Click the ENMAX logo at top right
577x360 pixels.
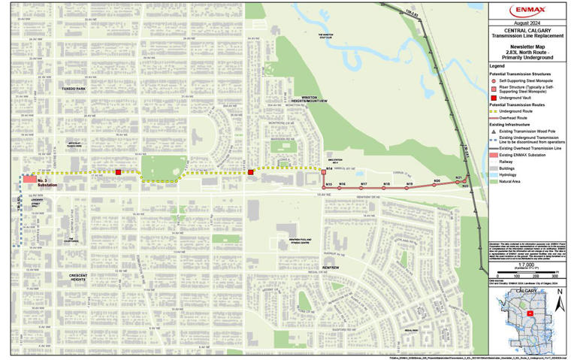pyautogui.click(x=530, y=11)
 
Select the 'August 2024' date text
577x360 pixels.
pyautogui.click(x=530, y=24)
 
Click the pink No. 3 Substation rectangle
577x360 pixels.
pyautogui.click(x=29, y=180)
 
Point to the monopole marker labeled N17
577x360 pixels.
pyautogui.click(x=364, y=189)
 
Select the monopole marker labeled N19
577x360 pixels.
pyautogui.click(x=409, y=188)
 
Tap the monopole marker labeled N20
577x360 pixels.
pyautogui.click(x=435, y=185)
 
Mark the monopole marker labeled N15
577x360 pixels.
pyautogui.click(x=325, y=188)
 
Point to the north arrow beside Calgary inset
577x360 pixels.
pyautogui.click(x=558, y=305)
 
